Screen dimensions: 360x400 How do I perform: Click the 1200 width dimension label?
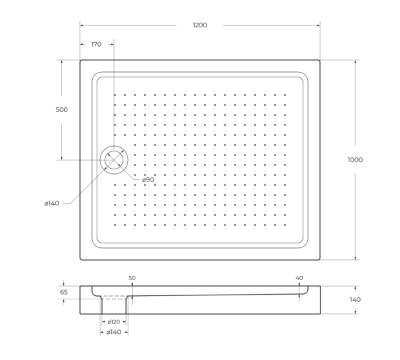pos(199,25)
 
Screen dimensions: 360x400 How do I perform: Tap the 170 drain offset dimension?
pos(96,45)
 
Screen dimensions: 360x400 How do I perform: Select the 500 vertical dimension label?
pos(62,109)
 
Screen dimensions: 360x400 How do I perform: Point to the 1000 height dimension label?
pos(355,159)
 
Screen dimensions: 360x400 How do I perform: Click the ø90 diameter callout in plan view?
pos(147,179)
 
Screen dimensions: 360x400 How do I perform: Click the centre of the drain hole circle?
pos(114,160)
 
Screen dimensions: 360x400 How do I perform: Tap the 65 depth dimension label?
pos(64,292)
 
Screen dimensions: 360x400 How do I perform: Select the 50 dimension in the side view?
pos(132,277)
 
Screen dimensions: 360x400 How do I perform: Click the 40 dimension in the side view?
pos(299,277)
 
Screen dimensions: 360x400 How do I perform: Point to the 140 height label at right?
pos(355,299)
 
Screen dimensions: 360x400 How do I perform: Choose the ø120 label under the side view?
pos(114,321)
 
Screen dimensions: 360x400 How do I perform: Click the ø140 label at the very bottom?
pos(114,331)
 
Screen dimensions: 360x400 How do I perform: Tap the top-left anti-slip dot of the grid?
pos(115,95)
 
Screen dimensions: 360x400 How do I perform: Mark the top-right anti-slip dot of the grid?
pos(285,95)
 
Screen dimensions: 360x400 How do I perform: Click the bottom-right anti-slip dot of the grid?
pos(285,225)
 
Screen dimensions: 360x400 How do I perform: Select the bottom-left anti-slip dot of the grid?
pos(115,225)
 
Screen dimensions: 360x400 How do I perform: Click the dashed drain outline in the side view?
pos(114,297)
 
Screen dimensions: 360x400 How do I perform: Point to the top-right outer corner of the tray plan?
pos(320,61)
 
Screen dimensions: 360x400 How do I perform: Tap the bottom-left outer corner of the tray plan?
pos(80,259)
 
